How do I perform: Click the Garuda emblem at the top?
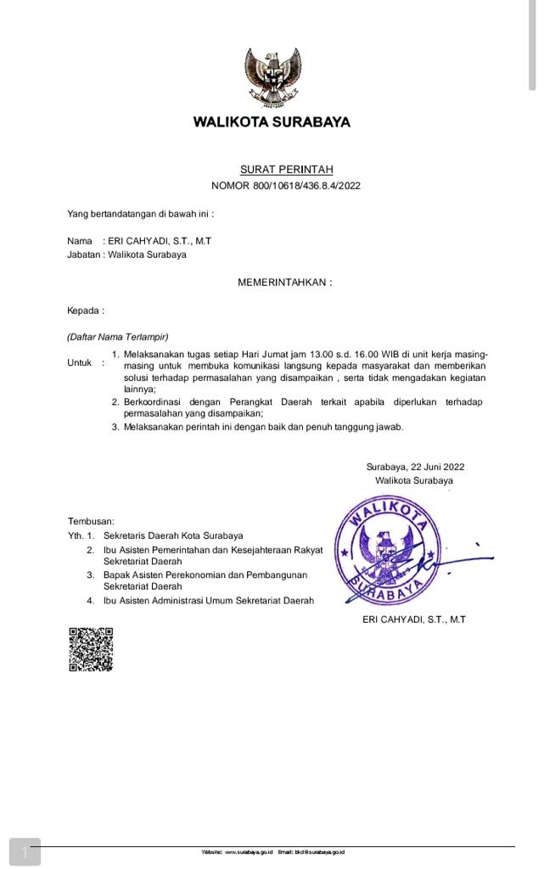click(x=272, y=76)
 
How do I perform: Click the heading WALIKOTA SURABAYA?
click(x=272, y=121)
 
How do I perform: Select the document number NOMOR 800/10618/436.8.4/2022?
click(x=286, y=186)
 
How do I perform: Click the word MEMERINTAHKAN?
click(x=281, y=283)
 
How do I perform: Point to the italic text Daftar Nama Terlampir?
click(x=118, y=337)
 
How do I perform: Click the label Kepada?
click(x=83, y=311)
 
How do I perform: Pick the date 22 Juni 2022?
click(x=437, y=467)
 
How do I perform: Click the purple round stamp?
click(x=388, y=552)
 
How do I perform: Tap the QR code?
click(x=91, y=650)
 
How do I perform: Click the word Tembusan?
click(x=91, y=521)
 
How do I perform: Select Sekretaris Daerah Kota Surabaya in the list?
click(x=173, y=535)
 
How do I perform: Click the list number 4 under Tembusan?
click(x=91, y=601)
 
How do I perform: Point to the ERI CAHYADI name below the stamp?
click(x=414, y=620)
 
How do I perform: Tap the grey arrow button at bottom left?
click(x=25, y=852)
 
